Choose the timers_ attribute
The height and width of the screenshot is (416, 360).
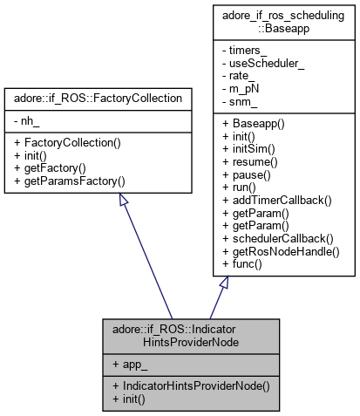point(244,54)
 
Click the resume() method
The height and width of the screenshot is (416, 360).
point(248,164)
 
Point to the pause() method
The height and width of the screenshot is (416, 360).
point(245,176)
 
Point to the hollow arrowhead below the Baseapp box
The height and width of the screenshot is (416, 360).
point(223,283)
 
